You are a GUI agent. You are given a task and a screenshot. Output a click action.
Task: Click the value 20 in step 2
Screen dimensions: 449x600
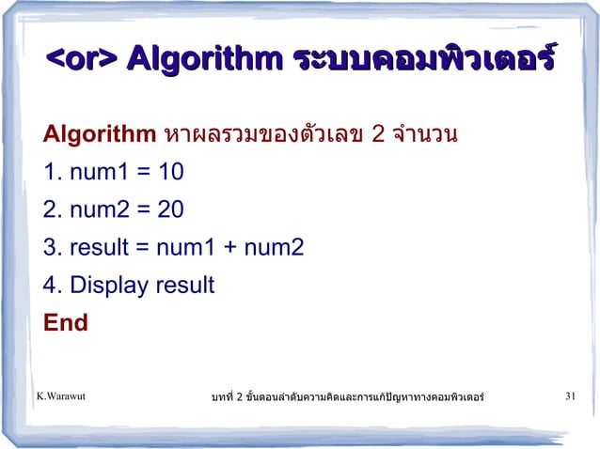(x=170, y=210)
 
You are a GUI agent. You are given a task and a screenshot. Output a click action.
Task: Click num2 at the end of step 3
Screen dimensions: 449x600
(x=274, y=248)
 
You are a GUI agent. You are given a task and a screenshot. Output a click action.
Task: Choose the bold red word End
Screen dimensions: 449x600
(x=65, y=323)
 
